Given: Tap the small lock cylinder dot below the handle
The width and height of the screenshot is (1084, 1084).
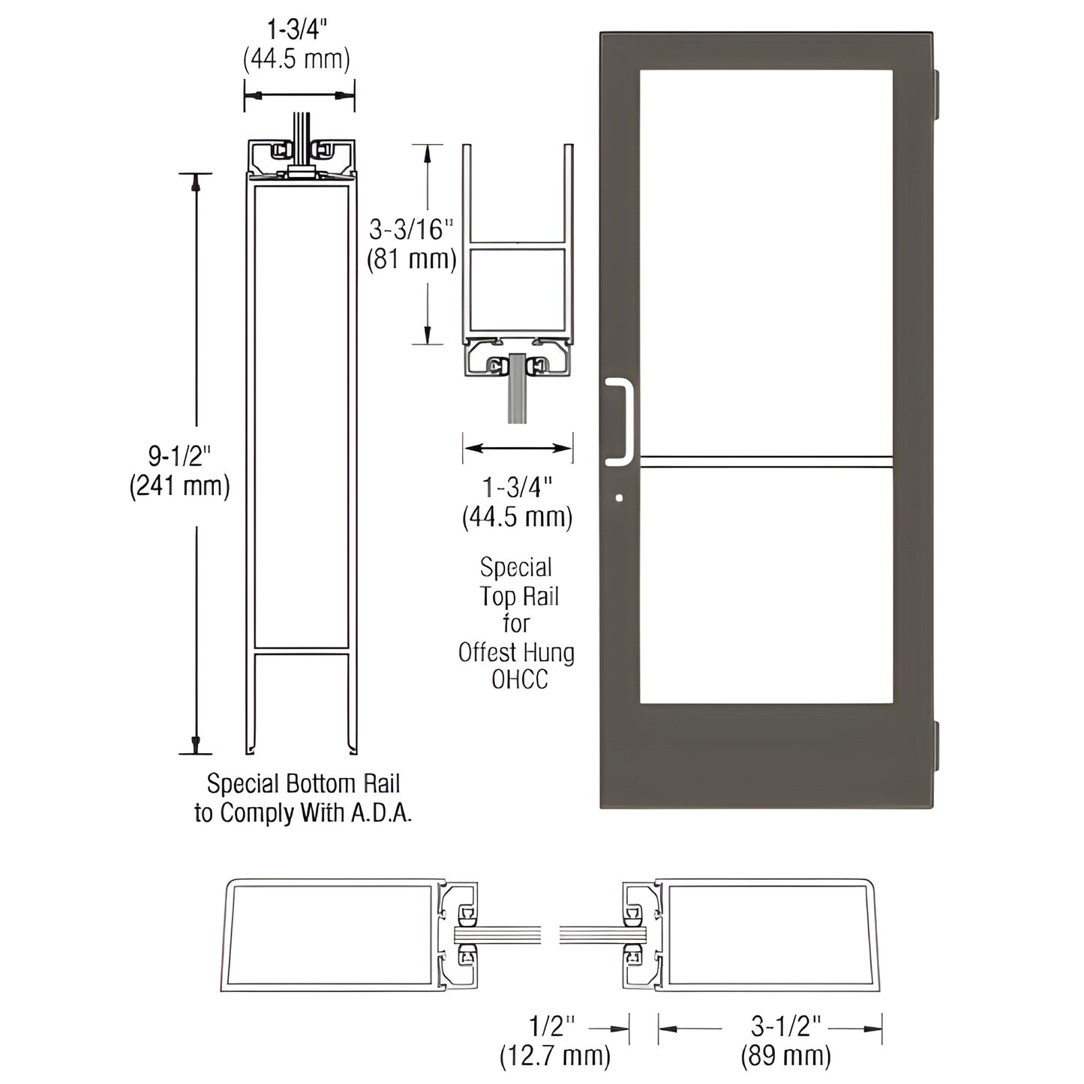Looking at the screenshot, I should tap(618, 497).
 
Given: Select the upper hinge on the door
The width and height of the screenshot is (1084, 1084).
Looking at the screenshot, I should tap(935, 94).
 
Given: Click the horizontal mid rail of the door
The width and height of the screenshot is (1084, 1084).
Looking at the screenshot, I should tap(766, 461).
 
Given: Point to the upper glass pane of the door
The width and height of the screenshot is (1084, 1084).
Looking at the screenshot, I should tap(766, 263).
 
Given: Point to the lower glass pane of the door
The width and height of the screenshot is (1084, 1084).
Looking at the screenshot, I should tap(766, 585).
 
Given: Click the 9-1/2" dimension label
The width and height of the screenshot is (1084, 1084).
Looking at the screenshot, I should tap(179, 455).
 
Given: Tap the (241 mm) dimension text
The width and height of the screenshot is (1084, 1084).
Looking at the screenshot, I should tap(179, 486).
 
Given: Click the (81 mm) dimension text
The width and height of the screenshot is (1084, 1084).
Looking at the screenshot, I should tap(411, 259).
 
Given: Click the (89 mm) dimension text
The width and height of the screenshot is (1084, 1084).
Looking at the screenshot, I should tap(785, 1056).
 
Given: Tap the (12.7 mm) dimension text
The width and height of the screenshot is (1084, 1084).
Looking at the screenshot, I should tap(554, 1056).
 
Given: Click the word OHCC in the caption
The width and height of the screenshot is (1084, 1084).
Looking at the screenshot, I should tap(519, 680).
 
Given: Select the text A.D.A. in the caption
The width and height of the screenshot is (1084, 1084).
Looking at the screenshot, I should tap(382, 813).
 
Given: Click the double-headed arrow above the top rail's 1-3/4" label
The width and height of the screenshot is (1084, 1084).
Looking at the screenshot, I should tap(518, 448).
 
